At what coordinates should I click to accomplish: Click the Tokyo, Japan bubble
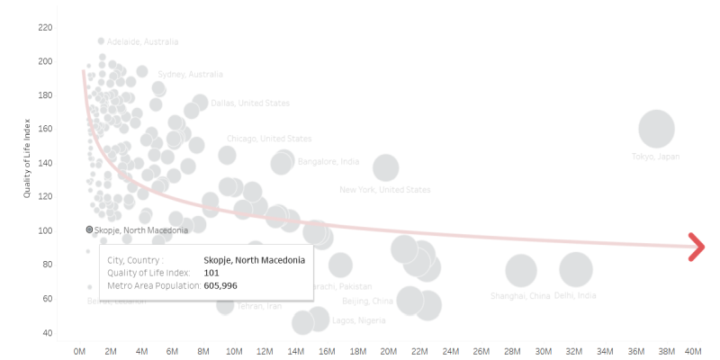pyautogui.click(x=656, y=129)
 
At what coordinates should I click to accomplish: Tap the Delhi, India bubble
pyautogui.click(x=576, y=269)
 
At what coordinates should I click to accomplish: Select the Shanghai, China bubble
pyautogui.click(x=521, y=270)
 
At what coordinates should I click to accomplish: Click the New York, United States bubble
pyautogui.click(x=385, y=167)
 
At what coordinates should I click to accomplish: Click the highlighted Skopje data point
pyautogui.click(x=89, y=230)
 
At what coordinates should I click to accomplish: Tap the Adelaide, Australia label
pyautogui.click(x=142, y=41)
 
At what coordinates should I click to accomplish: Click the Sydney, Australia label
pyautogui.click(x=190, y=74)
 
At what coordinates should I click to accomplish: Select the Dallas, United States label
pyautogui.click(x=250, y=103)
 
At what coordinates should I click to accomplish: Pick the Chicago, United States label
pyautogui.click(x=269, y=139)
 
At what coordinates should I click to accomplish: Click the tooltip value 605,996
pyautogui.click(x=220, y=285)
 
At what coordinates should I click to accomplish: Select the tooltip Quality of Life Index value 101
pyautogui.click(x=211, y=273)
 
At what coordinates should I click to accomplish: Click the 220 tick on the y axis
pyautogui.click(x=45, y=28)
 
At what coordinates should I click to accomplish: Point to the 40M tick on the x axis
pyautogui.click(x=694, y=350)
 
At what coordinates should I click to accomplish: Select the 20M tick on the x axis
pyautogui.click(x=388, y=350)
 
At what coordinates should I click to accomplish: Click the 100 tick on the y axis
pyautogui.click(x=45, y=230)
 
